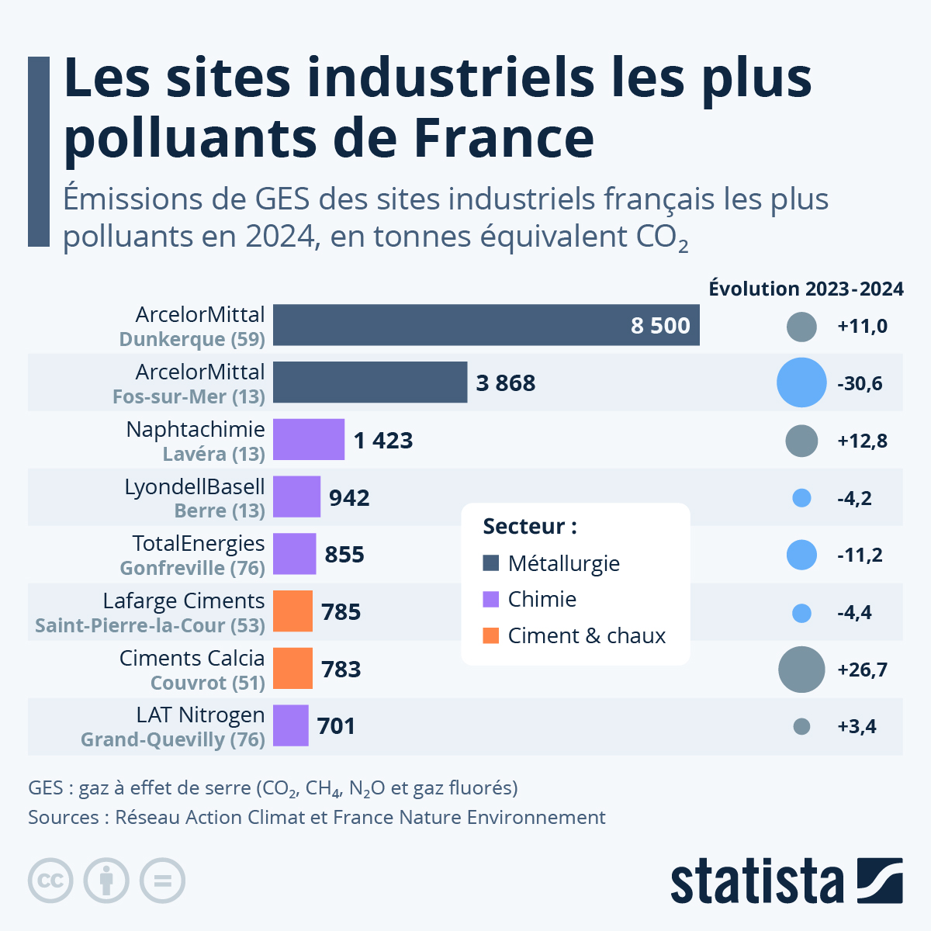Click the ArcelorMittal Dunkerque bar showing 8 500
point(486,325)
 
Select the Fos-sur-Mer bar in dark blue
point(370,382)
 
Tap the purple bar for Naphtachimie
point(308,440)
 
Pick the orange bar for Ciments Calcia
point(292,669)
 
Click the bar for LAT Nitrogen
point(290,726)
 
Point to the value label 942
point(349,498)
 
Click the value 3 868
point(505,383)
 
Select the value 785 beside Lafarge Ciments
point(341,612)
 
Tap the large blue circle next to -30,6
point(801,383)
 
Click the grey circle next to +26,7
point(801,670)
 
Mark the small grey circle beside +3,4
point(801,727)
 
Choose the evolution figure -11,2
point(860,555)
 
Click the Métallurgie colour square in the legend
point(490,563)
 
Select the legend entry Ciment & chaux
point(586,636)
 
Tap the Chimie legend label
point(542,600)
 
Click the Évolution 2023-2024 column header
point(805,289)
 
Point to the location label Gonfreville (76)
point(192,568)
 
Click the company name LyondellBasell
point(195,486)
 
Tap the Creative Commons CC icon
point(50,881)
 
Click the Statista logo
point(786,881)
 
